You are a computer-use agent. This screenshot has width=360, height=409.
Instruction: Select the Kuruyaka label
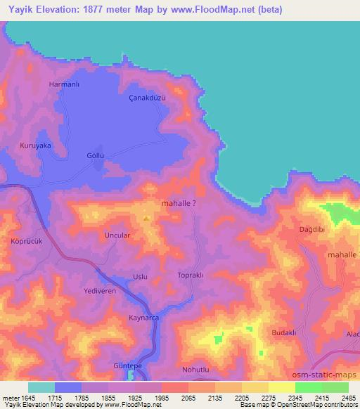[x=37, y=145]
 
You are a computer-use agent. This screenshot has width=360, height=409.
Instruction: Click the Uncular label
[x=117, y=235]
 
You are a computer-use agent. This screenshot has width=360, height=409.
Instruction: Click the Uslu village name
[x=140, y=277]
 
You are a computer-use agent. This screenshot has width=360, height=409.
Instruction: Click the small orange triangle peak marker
[x=146, y=218]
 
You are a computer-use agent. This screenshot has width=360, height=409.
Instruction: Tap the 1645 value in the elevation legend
[x=23, y=397]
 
